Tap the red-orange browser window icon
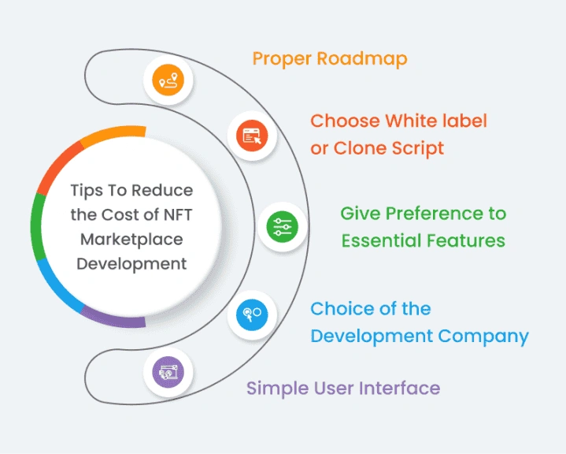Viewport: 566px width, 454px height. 252,136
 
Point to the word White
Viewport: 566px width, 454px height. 422,121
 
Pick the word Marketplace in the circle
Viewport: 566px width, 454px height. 131,239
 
